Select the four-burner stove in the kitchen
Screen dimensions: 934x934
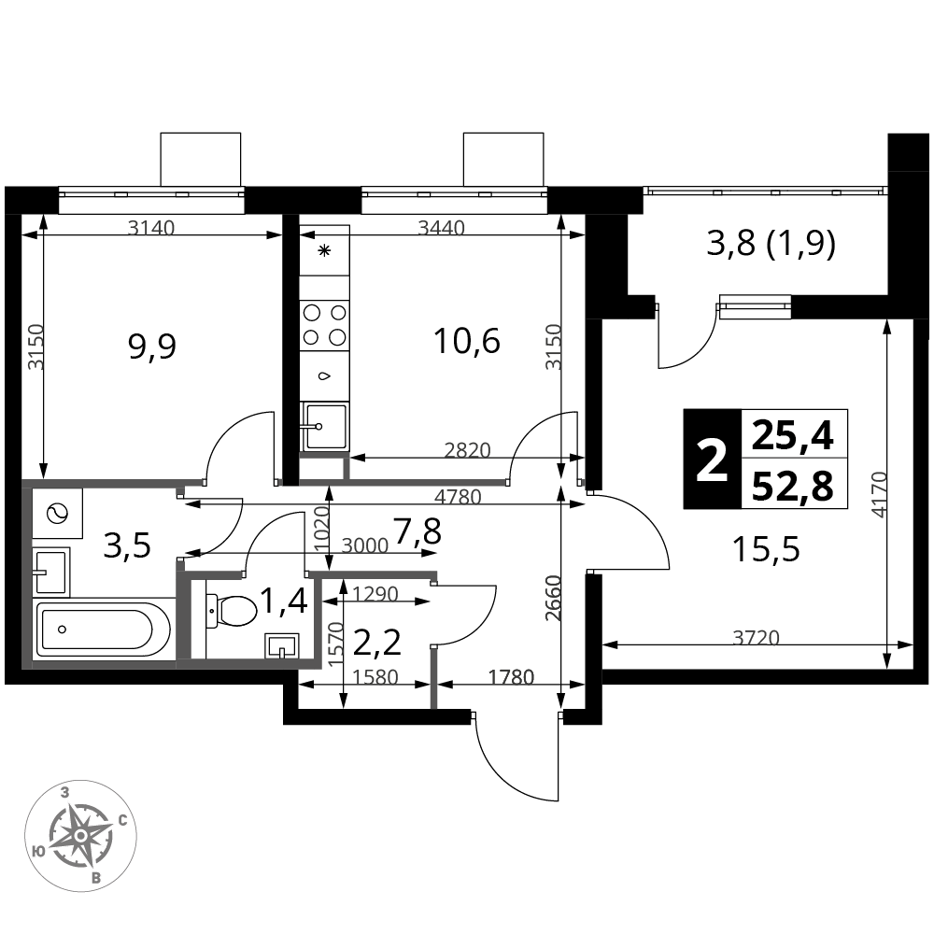point(324,325)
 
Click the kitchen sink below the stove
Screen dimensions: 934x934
point(325,427)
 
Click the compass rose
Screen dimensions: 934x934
point(80,836)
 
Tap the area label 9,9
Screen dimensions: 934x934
point(152,347)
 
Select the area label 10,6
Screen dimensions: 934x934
point(467,342)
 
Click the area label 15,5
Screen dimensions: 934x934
point(766,549)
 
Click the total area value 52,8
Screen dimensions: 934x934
point(793,487)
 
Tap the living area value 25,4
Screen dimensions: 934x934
point(793,436)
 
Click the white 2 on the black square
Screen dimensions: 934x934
point(713,460)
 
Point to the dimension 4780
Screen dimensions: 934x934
point(458,496)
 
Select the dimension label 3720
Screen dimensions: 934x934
point(756,638)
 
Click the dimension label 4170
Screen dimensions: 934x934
point(879,494)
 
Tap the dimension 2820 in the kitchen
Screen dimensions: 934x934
point(468,450)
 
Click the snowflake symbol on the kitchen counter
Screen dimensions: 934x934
point(324,250)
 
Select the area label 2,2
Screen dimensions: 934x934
point(377,644)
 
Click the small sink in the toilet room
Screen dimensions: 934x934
point(281,645)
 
